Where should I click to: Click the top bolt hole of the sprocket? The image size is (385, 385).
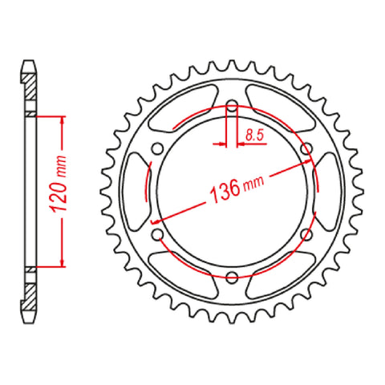click(x=231, y=106)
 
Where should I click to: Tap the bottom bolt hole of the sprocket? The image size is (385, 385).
click(x=231, y=278)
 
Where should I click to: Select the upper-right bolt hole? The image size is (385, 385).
click(x=306, y=148)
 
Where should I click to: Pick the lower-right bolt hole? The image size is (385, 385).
click(x=306, y=235)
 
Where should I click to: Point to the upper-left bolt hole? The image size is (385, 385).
click(x=156, y=148)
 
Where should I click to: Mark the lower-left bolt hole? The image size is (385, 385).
click(x=156, y=235)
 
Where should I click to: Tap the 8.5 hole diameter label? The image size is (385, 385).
click(x=254, y=136)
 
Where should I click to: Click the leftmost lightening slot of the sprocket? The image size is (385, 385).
click(x=136, y=192)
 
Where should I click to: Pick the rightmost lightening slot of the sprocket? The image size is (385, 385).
click(x=326, y=192)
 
